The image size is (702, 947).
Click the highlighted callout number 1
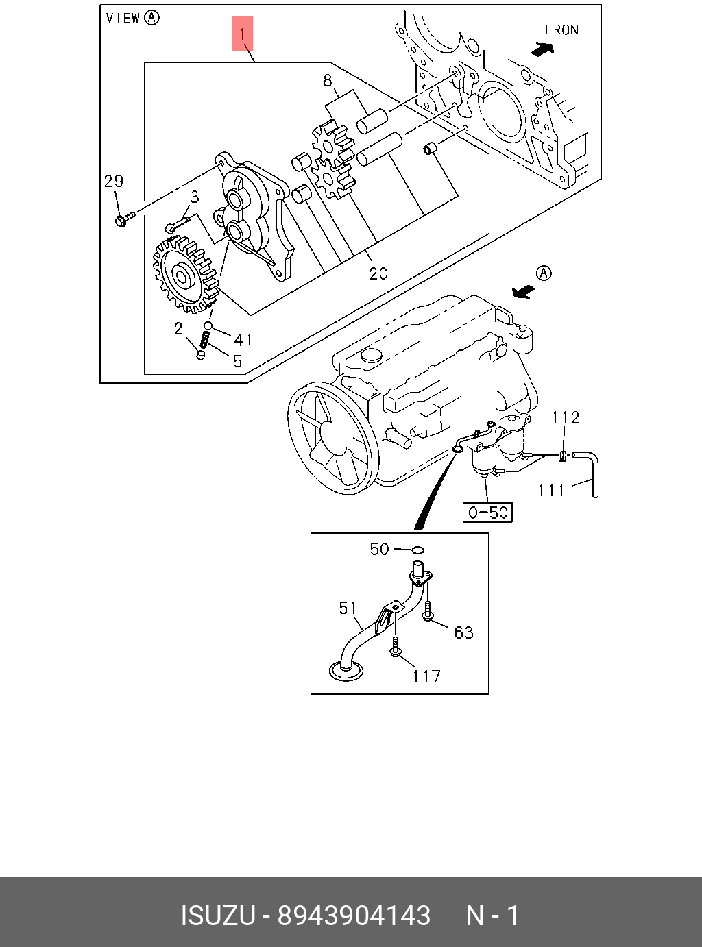pos(242,34)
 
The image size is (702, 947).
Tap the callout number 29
pos(114,181)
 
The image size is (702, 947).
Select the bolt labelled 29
pos(123,220)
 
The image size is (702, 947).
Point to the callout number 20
pos(378,273)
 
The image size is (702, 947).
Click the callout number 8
pos(328,81)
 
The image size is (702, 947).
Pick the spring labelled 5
pos(204,339)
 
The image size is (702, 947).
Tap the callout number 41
pos(243,339)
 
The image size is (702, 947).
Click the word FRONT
pos(566,30)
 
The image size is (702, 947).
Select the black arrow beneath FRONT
pos(543,49)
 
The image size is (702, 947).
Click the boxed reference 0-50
pos(488,512)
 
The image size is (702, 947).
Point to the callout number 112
pos(566,417)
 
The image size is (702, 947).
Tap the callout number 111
pos(551,490)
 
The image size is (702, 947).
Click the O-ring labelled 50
pos(417,549)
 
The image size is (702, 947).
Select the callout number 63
pos(464,632)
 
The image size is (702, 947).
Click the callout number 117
pos(426,676)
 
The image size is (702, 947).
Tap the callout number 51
pos(348,608)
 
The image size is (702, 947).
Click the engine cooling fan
pos(332,439)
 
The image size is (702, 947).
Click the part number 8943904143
pos(354,915)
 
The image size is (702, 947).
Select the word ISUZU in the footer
pos(218,915)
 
